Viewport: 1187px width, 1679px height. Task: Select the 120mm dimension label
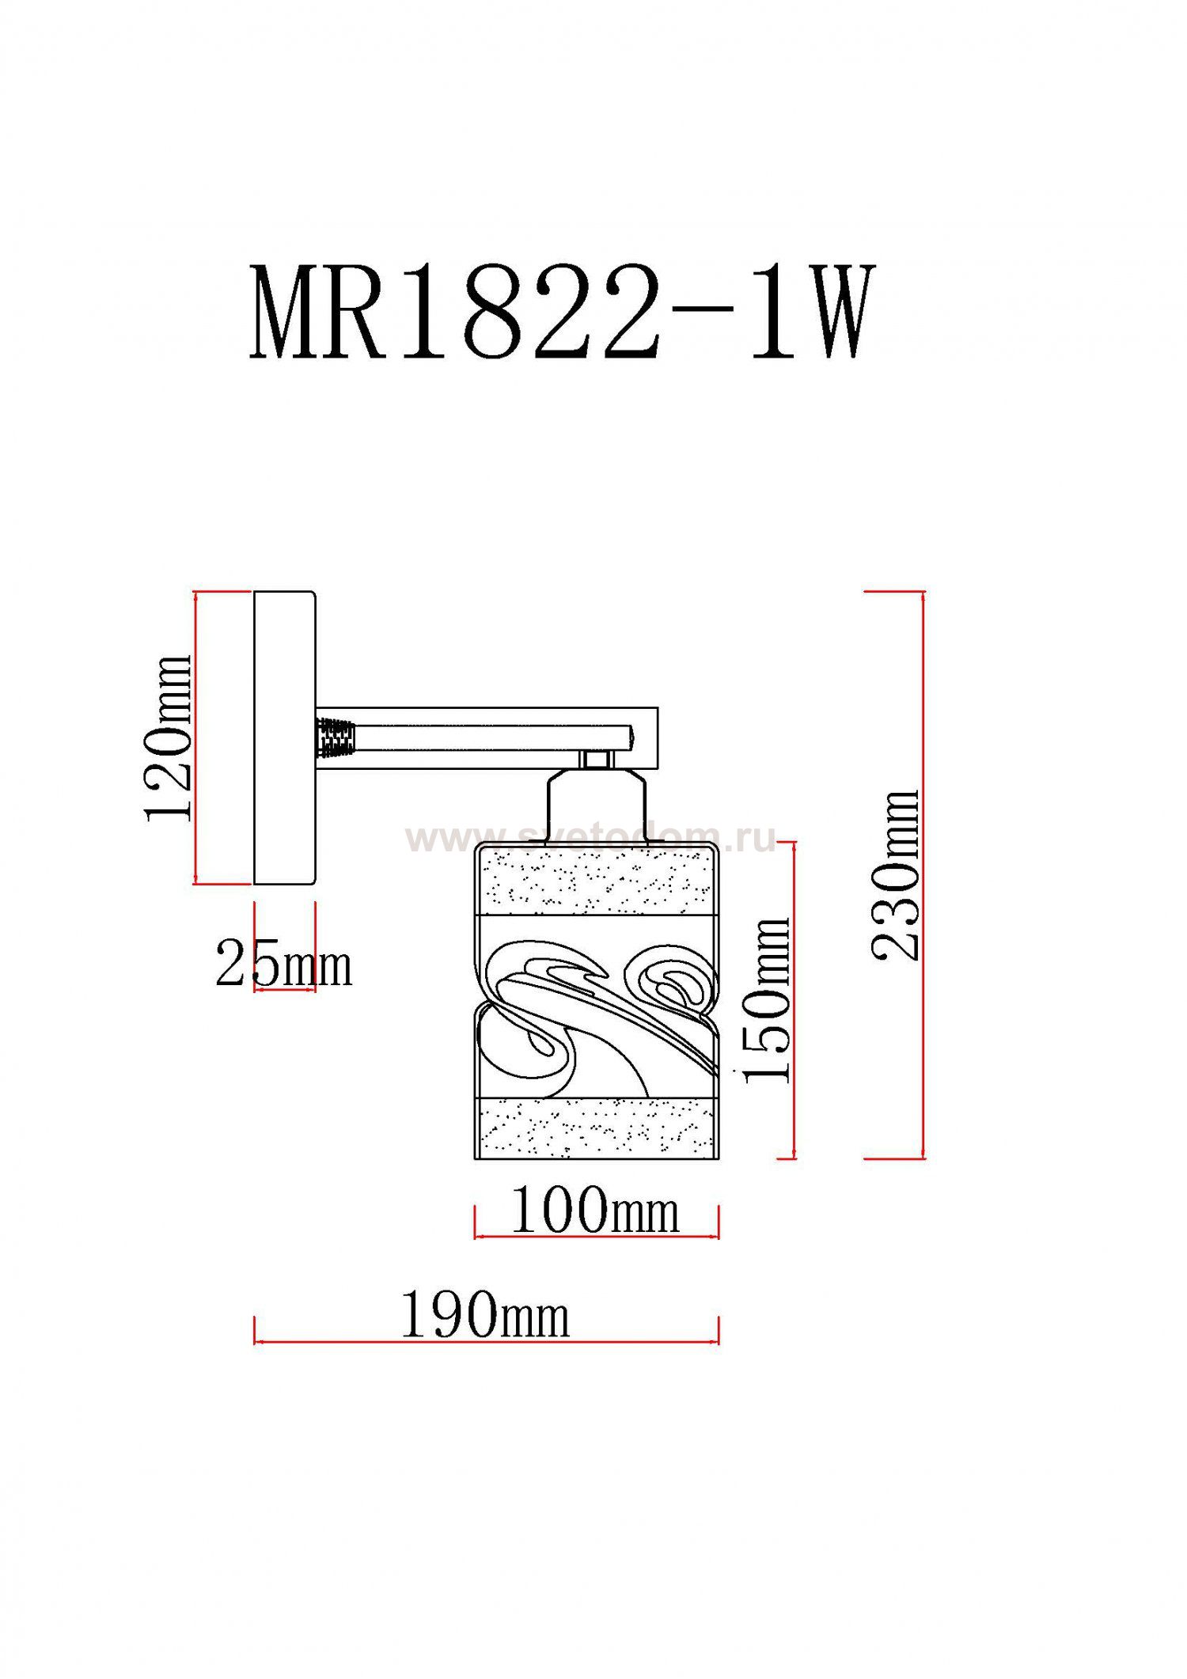[168, 738]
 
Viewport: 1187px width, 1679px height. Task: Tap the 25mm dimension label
[283, 965]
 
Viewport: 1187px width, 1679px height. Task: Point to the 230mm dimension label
[896, 875]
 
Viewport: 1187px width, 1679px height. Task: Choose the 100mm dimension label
[595, 1211]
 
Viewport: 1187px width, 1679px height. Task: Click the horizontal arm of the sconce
[491, 738]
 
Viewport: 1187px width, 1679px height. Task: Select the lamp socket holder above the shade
[596, 809]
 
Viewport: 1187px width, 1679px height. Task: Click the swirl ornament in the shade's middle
[596, 1005]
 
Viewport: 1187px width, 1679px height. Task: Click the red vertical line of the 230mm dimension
[923, 875]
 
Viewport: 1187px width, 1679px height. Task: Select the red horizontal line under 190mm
[485, 1342]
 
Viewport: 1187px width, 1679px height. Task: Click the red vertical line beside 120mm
[195, 738]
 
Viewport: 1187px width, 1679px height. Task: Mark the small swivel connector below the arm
[595, 760]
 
